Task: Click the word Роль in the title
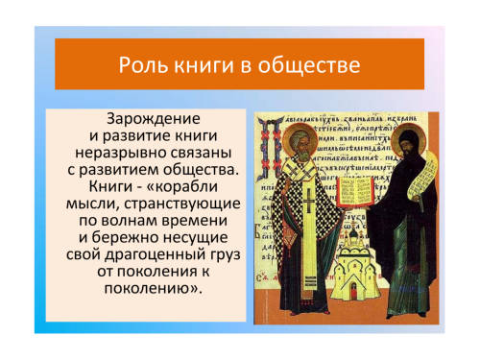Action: (143, 65)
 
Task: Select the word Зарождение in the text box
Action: (154, 119)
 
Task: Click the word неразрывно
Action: (118, 153)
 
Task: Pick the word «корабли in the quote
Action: (181, 187)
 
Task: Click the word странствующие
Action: (182, 204)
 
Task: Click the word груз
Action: (226, 255)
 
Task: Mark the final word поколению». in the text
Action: (154, 289)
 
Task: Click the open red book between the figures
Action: (355, 192)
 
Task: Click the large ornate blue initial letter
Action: (272, 150)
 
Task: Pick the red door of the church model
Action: (354, 292)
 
